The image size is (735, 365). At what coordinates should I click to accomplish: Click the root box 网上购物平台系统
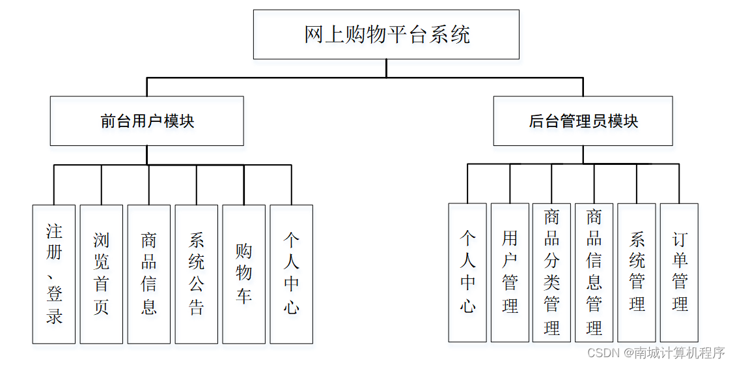[x=386, y=35]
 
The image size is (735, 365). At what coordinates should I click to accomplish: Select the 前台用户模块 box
[x=147, y=121]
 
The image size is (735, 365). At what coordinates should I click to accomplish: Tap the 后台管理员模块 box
[x=583, y=121]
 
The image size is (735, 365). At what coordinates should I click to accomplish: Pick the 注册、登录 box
[x=54, y=274]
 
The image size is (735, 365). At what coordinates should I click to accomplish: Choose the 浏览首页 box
[x=102, y=274]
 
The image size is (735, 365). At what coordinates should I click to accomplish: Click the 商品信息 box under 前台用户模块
[x=149, y=274]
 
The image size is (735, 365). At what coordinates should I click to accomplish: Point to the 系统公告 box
[x=197, y=274]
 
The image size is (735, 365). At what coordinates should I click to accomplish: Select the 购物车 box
[x=243, y=274]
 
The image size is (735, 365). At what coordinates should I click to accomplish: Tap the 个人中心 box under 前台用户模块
[x=291, y=274]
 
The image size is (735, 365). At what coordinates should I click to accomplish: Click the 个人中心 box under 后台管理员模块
[x=467, y=272]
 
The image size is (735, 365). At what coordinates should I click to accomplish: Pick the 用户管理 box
[x=510, y=272]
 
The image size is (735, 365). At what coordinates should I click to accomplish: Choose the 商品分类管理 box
[x=552, y=272]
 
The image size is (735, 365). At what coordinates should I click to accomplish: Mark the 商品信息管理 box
[x=594, y=272]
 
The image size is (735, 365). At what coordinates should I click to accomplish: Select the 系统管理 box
[x=637, y=272]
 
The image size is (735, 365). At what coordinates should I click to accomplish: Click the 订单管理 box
[x=680, y=272]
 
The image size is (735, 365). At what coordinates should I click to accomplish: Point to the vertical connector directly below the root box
[x=386, y=68]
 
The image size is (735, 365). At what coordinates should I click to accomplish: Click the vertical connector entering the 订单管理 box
[x=680, y=184]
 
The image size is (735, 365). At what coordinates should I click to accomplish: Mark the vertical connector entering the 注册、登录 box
[x=54, y=185]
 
